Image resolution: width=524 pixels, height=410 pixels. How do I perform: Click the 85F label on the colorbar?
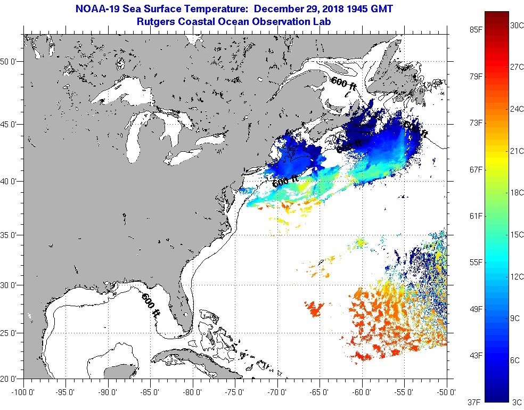(476, 30)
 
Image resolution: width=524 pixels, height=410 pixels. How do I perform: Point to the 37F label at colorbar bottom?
(476, 401)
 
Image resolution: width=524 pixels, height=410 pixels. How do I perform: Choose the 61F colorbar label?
(476, 216)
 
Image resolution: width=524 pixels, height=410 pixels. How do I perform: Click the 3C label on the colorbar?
(516, 401)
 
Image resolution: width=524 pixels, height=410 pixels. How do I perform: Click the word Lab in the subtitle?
(322, 22)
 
